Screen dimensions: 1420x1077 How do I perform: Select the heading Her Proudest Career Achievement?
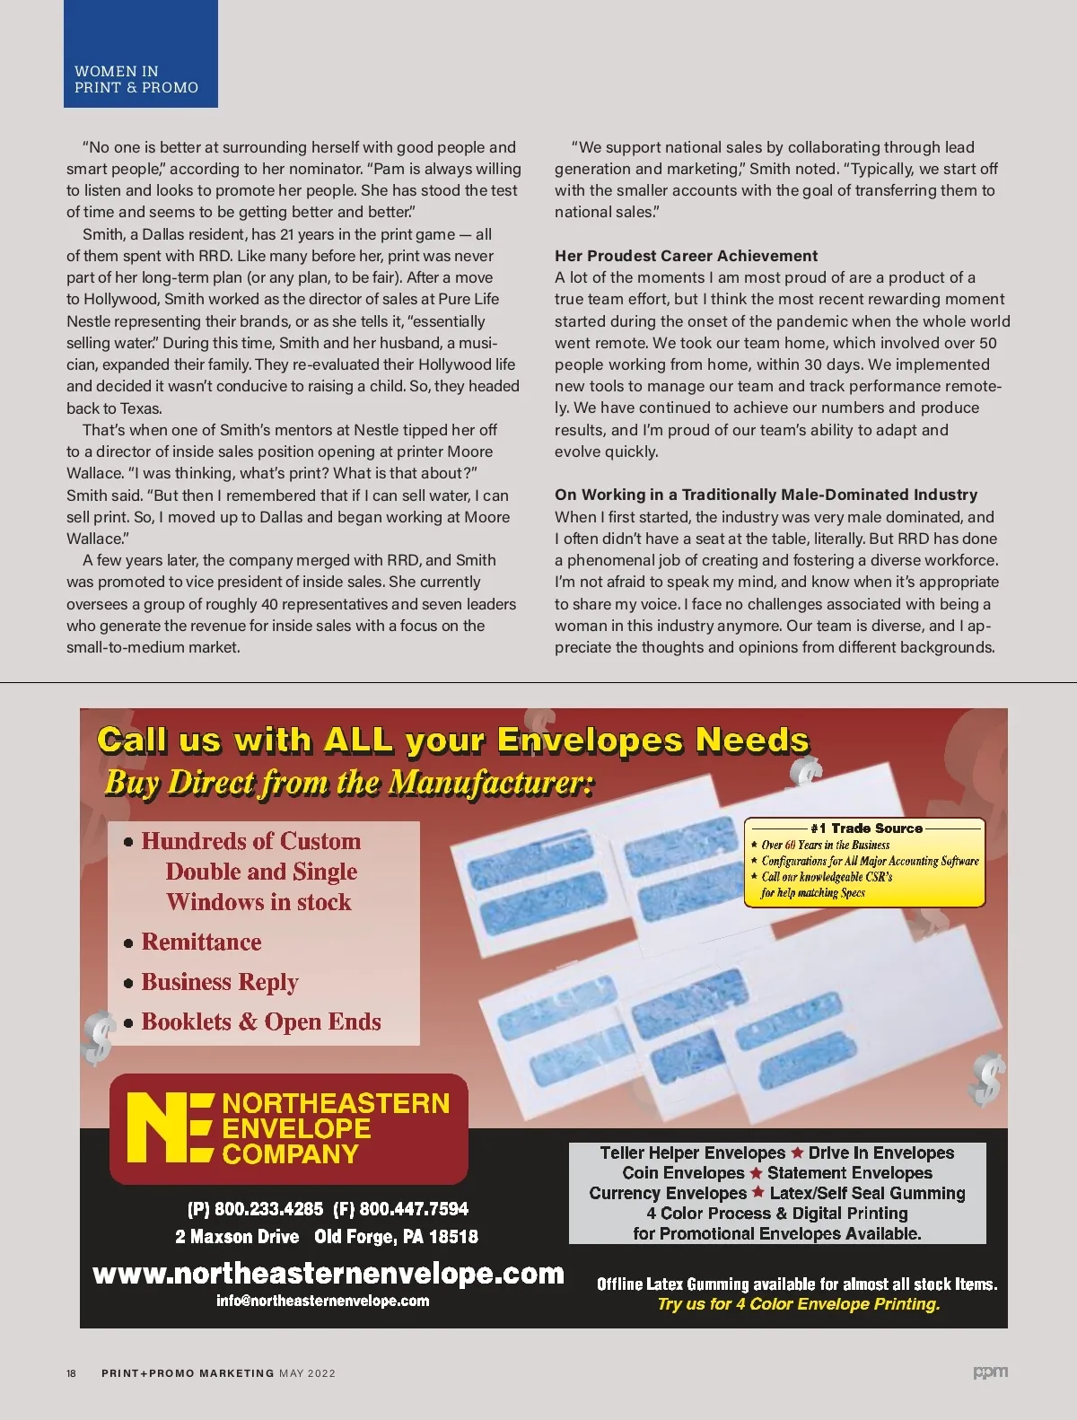pos(686,256)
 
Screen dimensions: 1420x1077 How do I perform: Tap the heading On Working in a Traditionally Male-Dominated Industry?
pos(766,495)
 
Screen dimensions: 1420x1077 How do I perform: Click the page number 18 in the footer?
pos(72,1373)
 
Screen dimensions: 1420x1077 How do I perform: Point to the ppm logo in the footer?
pos(990,1372)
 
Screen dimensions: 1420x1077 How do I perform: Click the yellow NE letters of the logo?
pos(169,1128)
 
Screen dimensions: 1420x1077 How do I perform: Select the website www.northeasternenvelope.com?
pos(328,1274)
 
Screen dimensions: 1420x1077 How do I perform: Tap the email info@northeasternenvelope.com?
pos(322,1301)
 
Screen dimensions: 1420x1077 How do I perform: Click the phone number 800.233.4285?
pos(268,1209)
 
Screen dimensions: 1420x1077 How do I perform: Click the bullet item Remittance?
pos(201,942)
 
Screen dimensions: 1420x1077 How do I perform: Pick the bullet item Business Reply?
pos(219,982)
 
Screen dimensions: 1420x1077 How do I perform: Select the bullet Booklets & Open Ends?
pos(260,1021)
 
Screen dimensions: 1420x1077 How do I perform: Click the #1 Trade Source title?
pos(865,828)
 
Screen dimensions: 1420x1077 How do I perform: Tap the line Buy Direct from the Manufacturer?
pos(349,783)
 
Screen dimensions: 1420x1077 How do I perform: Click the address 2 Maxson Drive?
pos(237,1237)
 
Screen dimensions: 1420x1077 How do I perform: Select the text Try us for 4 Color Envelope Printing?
pos(799,1304)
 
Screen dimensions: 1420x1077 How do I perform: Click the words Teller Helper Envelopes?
pos(692,1153)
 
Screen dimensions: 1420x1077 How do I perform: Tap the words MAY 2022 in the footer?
pos(307,1373)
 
